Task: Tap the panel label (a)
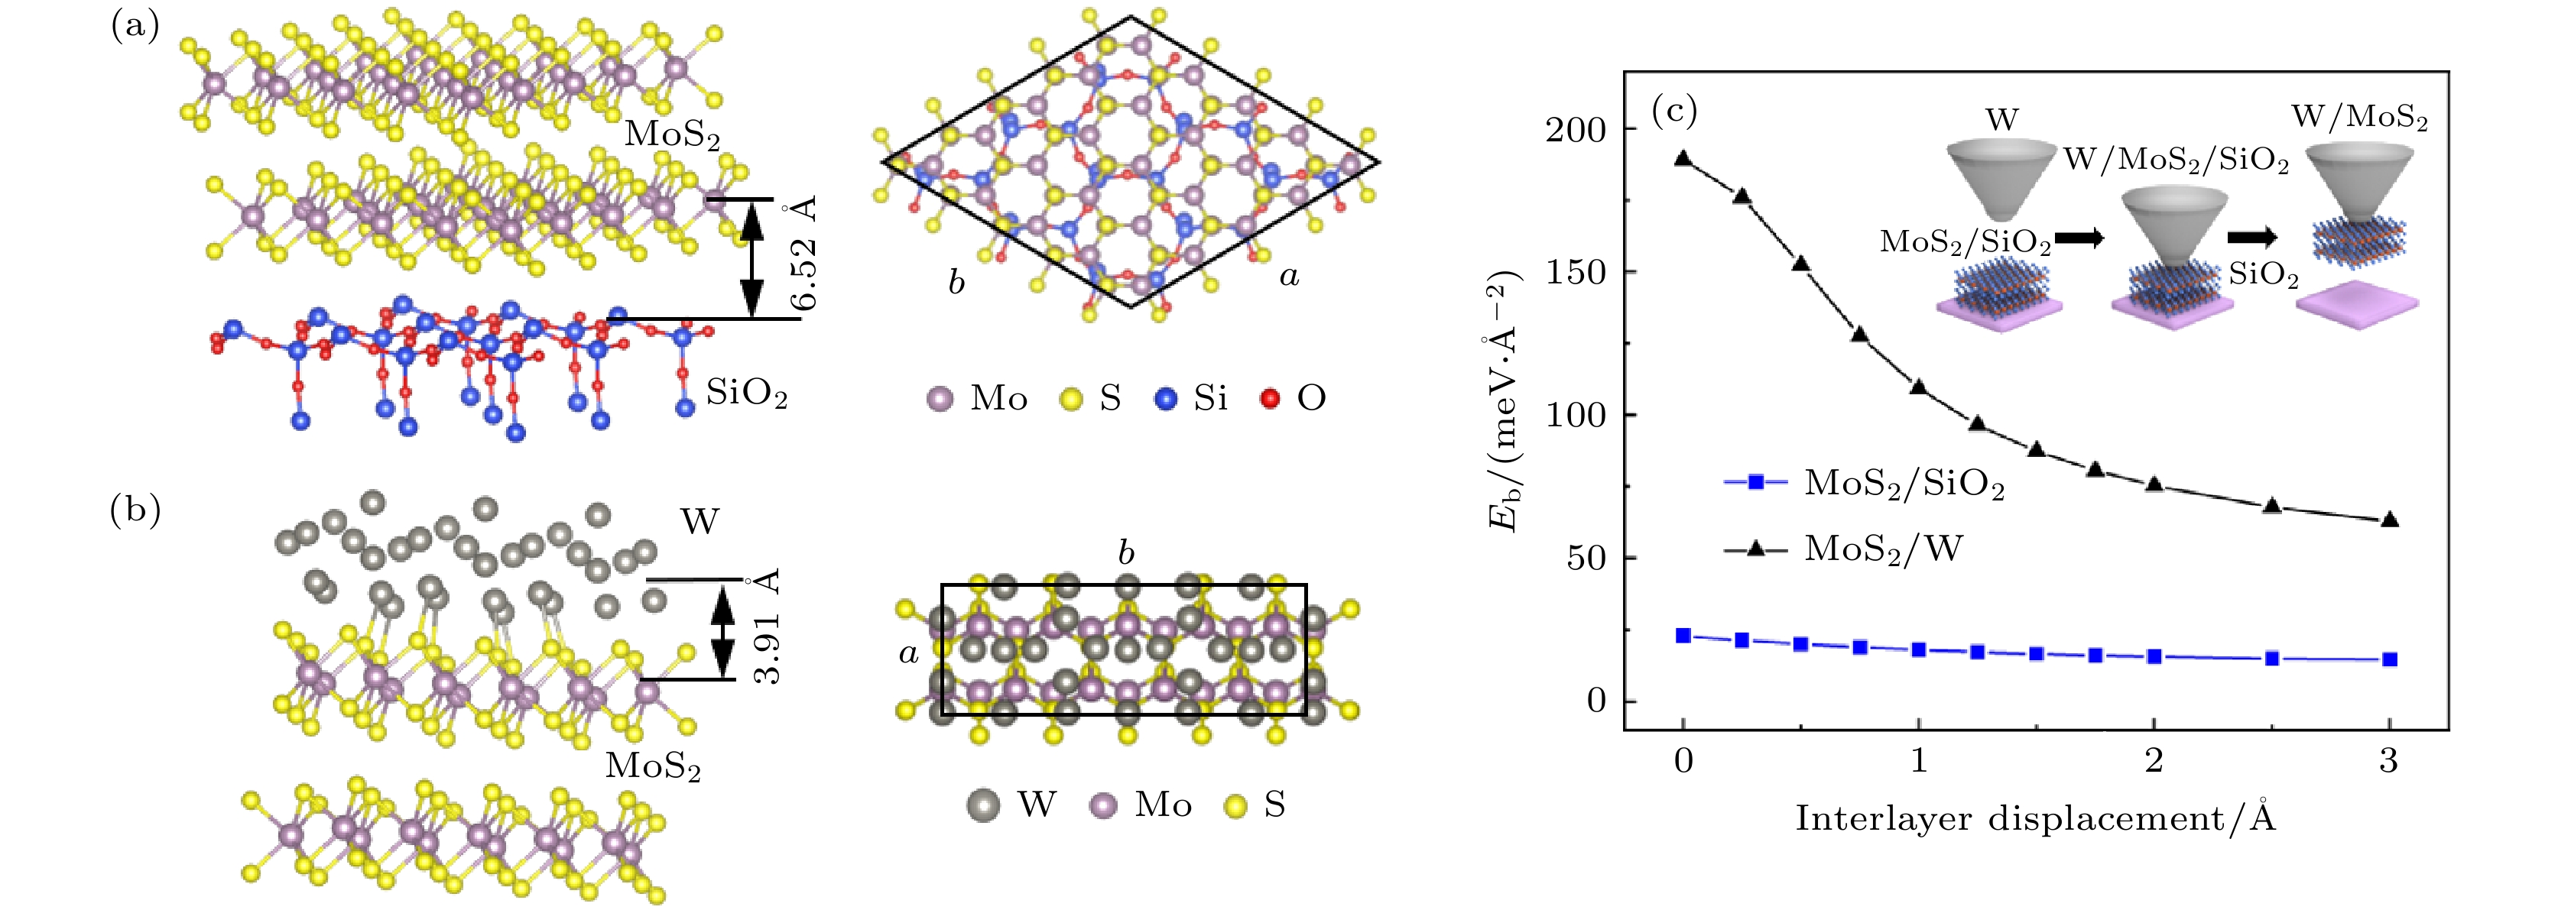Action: point(135,27)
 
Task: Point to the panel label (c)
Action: point(1674,110)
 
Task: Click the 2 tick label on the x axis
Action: point(2154,760)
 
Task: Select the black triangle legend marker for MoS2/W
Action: point(1755,548)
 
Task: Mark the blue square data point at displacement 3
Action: point(2389,659)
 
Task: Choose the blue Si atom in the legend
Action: point(1166,399)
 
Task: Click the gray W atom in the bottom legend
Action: point(983,805)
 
